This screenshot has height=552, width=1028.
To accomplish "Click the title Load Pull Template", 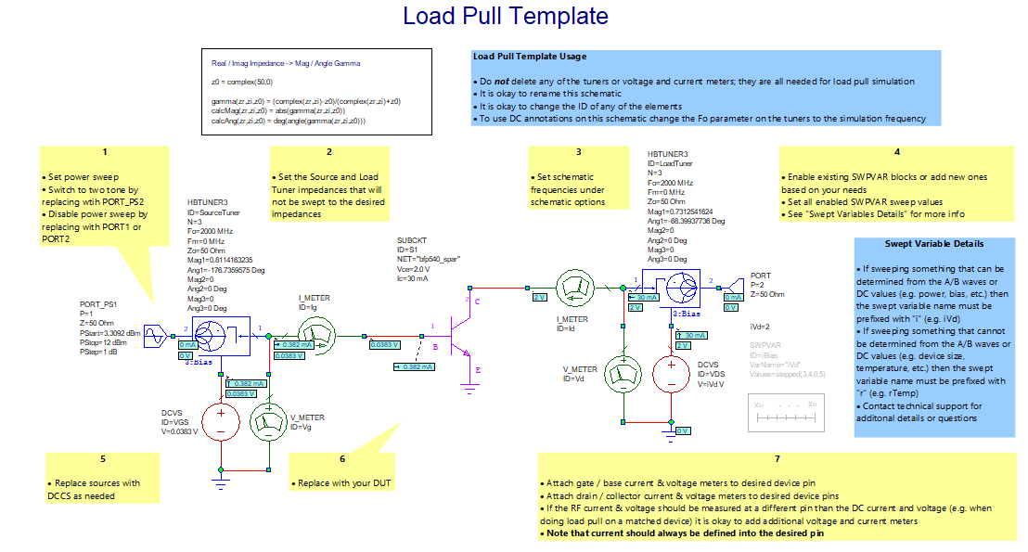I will pos(506,17).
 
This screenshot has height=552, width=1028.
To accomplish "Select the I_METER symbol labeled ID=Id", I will pos(572,288).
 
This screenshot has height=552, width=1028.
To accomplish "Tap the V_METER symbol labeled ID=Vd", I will pos(623,375).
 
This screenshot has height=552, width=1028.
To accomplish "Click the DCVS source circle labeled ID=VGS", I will pos(221,421).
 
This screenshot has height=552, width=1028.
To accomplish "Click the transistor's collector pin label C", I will pos(477,303).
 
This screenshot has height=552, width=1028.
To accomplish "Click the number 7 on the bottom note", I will pos(777,458).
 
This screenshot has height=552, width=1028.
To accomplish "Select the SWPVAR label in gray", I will pos(765,344).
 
